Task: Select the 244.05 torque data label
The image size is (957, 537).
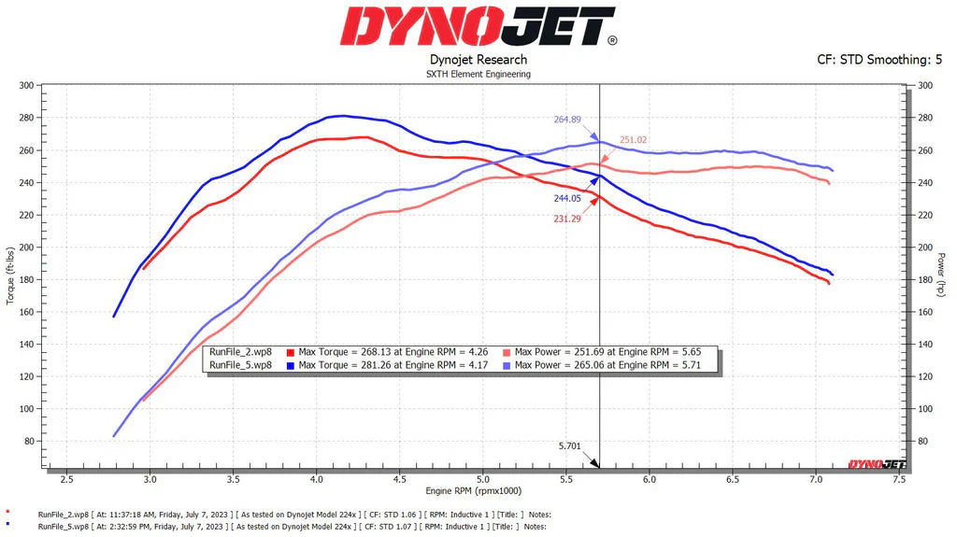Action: [x=567, y=198]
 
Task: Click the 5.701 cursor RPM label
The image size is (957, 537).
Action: [x=569, y=446]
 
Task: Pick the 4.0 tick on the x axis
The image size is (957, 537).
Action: [x=316, y=479]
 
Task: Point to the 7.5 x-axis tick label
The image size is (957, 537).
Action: [x=898, y=479]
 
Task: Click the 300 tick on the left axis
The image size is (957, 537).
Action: [x=26, y=86]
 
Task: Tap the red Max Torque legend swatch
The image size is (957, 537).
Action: [x=293, y=352]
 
